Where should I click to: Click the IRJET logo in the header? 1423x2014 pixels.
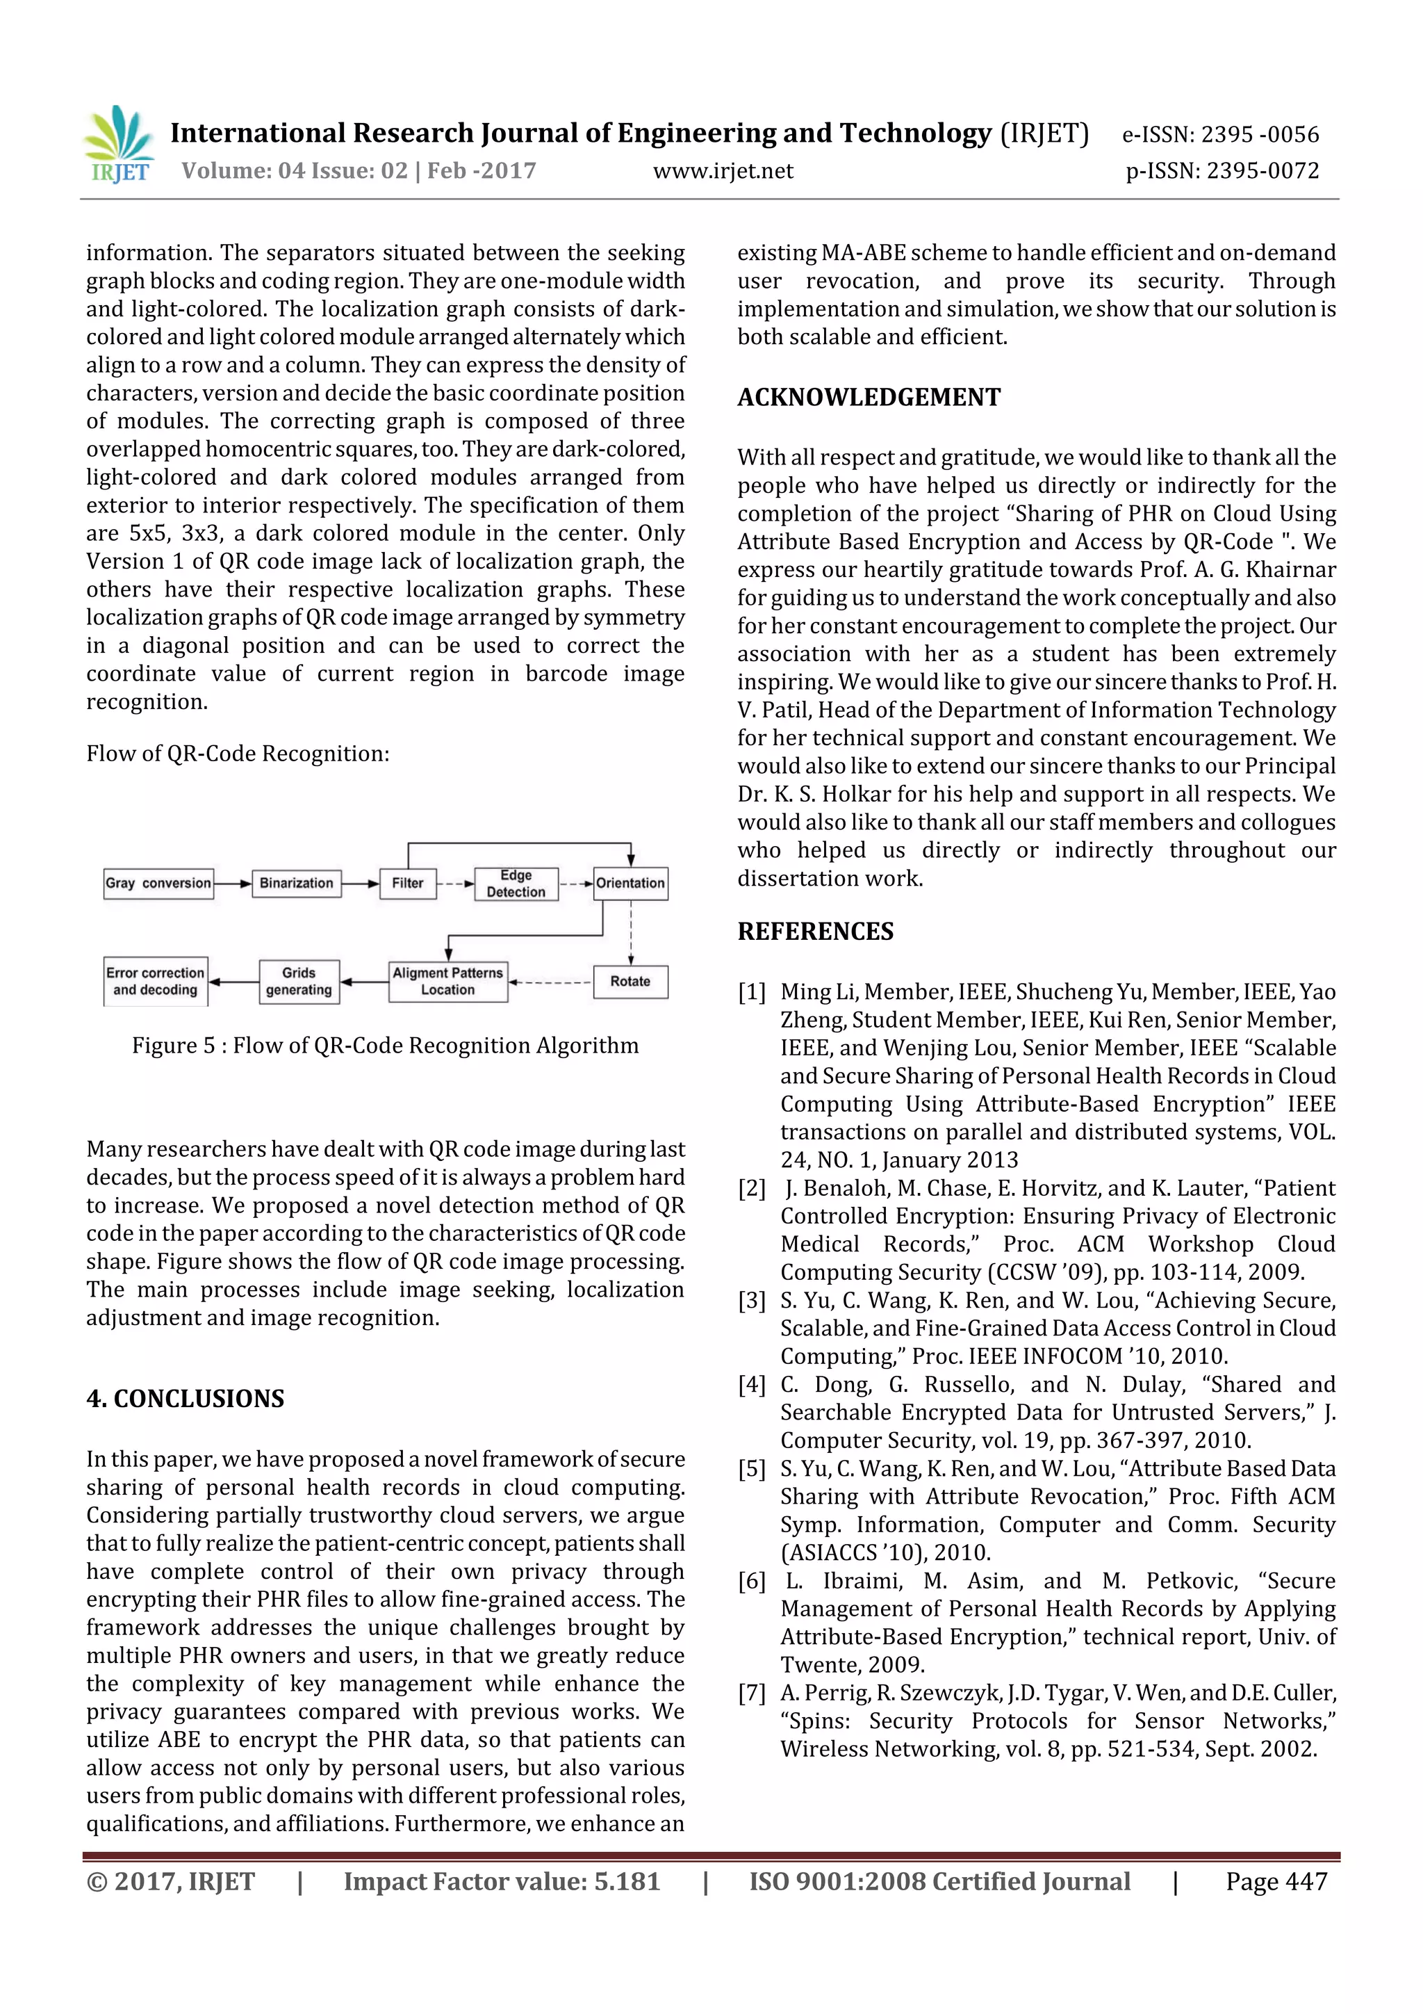117,145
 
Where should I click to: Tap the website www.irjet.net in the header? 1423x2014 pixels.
723,171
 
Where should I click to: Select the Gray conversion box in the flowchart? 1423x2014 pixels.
158,882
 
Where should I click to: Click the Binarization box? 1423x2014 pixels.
297,882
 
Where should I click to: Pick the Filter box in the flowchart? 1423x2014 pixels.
408,882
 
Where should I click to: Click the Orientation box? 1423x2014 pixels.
630,882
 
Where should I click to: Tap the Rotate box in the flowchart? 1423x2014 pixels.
630,981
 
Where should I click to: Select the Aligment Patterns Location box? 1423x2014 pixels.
448,981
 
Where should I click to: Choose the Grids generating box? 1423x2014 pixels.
299,981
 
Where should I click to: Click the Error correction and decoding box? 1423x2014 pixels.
155,981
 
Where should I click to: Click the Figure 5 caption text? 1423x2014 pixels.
385,1046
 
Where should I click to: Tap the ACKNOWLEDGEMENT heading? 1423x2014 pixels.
868,398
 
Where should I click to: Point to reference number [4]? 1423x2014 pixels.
751,1385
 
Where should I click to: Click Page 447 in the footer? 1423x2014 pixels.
1276,1881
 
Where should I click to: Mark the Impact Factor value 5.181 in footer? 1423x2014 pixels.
501,1881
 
